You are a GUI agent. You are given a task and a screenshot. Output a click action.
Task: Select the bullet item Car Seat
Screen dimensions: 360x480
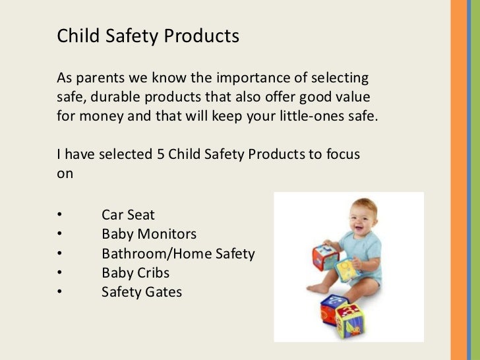pyautogui.click(x=128, y=215)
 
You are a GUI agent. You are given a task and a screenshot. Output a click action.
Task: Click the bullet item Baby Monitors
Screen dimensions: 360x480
pyautogui.click(x=149, y=234)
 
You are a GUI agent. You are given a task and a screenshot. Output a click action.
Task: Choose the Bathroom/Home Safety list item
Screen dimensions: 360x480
pyautogui.click(x=178, y=253)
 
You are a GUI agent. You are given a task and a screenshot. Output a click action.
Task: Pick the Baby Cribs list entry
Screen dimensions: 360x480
pyautogui.click(x=135, y=272)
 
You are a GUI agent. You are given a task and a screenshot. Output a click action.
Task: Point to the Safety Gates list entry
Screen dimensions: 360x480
pyautogui.click(x=142, y=291)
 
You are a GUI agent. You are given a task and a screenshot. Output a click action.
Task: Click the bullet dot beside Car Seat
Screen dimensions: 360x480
pyautogui.click(x=59, y=216)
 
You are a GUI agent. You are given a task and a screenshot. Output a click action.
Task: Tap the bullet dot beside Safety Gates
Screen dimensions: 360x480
pyautogui.click(x=59, y=292)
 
